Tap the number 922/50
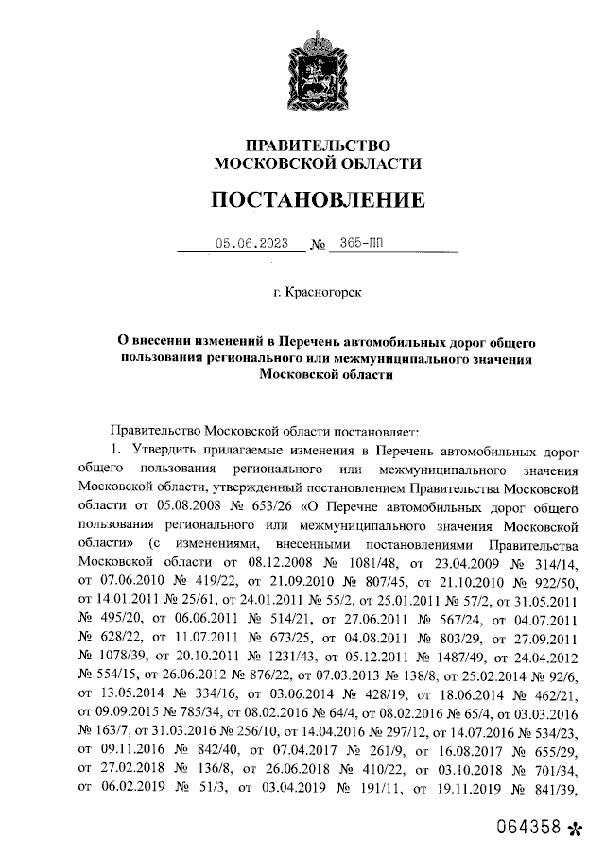click(552, 580)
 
